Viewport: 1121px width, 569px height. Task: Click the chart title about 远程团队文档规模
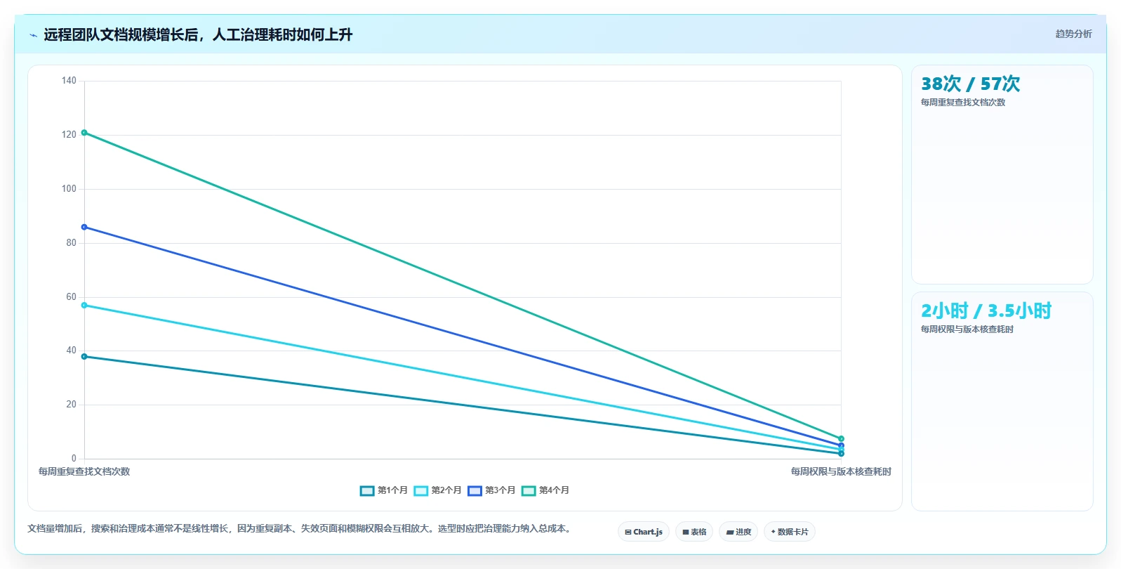pyautogui.click(x=198, y=34)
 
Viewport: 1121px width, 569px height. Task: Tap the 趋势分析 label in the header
pyautogui.click(x=1073, y=34)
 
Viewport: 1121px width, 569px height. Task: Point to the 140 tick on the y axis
pyautogui.click(x=69, y=81)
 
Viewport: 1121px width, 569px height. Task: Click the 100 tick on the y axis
pyautogui.click(x=69, y=189)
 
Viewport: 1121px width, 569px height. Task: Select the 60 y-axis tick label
pyautogui.click(x=71, y=297)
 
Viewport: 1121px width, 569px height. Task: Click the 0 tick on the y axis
pyautogui.click(x=74, y=458)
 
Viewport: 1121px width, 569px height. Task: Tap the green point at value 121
pyautogui.click(x=84, y=133)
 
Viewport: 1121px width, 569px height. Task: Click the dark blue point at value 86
pyautogui.click(x=84, y=227)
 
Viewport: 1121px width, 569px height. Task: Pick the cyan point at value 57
pyautogui.click(x=84, y=305)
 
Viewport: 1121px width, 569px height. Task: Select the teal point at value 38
pyautogui.click(x=84, y=357)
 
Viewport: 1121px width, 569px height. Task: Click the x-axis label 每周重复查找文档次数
pyautogui.click(x=84, y=471)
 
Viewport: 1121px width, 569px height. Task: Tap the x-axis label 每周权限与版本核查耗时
pyautogui.click(x=841, y=471)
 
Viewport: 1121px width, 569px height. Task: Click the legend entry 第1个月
pyautogui.click(x=384, y=490)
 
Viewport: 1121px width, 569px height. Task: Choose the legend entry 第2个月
pyautogui.click(x=438, y=490)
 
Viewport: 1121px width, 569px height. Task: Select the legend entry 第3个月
pyautogui.click(x=491, y=490)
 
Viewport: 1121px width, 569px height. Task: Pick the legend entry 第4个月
pyautogui.click(x=545, y=490)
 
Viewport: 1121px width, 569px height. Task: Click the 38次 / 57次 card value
pyautogui.click(x=970, y=84)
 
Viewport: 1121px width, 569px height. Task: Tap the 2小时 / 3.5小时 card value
pyautogui.click(x=986, y=310)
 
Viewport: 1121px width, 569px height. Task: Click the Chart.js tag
pyautogui.click(x=644, y=532)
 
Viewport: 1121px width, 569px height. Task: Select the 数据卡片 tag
pyautogui.click(x=790, y=532)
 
